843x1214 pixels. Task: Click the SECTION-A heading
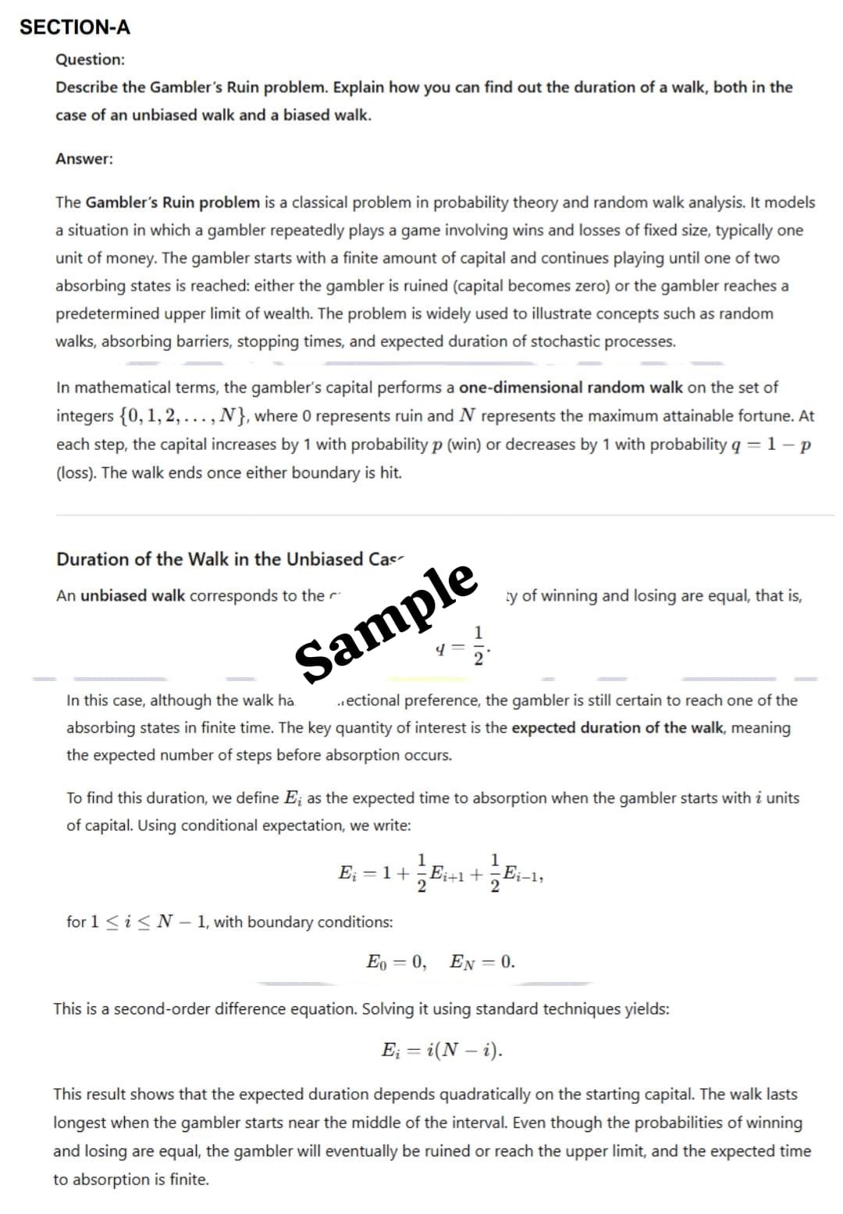coord(75,27)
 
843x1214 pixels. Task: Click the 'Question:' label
coord(90,59)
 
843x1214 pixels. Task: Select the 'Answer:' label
coord(84,159)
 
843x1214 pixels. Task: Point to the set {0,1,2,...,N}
coord(184,416)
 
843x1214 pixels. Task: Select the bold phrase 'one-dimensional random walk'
coord(571,387)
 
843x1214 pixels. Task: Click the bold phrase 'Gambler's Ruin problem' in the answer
coord(173,202)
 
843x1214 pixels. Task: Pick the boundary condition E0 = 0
coord(397,962)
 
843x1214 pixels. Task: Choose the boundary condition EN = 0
coord(482,962)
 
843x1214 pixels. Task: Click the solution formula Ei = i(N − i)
coord(442,1050)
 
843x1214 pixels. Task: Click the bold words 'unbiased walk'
coord(133,596)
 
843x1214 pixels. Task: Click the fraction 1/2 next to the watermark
coord(478,645)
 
